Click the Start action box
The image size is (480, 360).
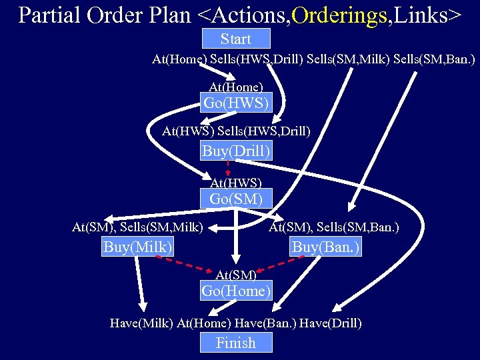pyautogui.click(x=235, y=39)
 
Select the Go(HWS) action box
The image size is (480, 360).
pyautogui.click(x=236, y=103)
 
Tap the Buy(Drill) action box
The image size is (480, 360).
pyautogui.click(x=236, y=151)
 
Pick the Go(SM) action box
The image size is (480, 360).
pyautogui.click(x=236, y=199)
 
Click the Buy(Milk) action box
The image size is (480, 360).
pyautogui.click(x=138, y=247)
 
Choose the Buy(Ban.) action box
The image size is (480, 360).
pyautogui.click(x=326, y=247)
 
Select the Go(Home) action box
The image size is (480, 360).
pyautogui.click(x=236, y=291)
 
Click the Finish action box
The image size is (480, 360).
pyautogui.click(x=236, y=343)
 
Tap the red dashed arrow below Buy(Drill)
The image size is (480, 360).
pyautogui.click(x=228, y=167)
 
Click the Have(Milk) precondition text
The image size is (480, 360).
pyautogui.click(x=141, y=323)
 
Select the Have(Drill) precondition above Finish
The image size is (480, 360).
pyautogui.click(x=331, y=323)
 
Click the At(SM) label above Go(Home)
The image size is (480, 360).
pyautogui.click(x=235, y=274)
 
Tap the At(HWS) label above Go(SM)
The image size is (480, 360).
pyautogui.click(x=236, y=183)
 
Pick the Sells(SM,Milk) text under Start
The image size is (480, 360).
pyautogui.click(x=346, y=59)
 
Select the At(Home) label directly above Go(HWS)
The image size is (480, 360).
pyautogui.click(x=236, y=87)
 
